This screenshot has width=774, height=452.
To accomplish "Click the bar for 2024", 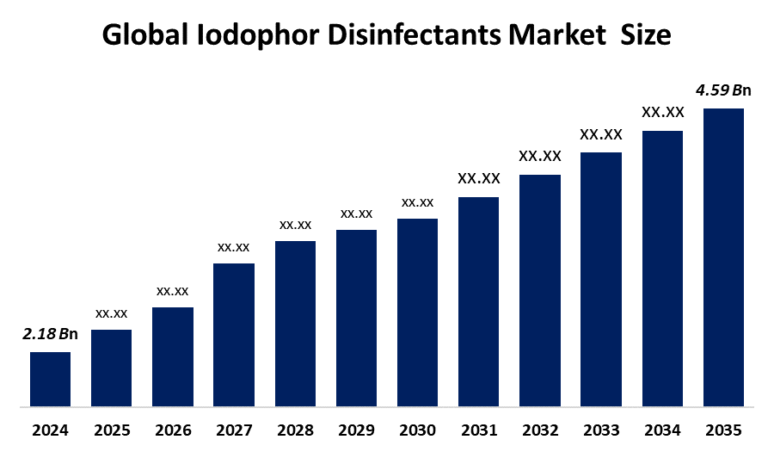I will (x=50, y=379).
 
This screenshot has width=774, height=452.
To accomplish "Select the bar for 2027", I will (x=234, y=334).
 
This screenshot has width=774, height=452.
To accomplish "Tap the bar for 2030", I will (x=417, y=312).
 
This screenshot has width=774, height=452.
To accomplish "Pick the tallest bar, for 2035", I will (x=723, y=257).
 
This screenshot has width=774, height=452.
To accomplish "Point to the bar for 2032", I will (x=540, y=290).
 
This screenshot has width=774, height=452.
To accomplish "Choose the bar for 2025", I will (x=111, y=368).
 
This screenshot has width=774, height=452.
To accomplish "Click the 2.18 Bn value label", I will (x=50, y=334).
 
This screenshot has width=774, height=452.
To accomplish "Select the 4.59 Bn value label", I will (x=723, y=90).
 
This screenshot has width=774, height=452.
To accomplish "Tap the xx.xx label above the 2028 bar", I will (x=295, y=225).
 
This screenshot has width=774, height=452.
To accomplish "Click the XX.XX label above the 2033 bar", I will (x=601, y=134).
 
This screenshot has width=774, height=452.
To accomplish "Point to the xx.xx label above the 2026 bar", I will (x=172, y=291).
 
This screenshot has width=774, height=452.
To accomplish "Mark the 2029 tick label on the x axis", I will (x=356, y=429).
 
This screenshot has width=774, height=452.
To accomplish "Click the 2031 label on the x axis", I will (x=478, y=429).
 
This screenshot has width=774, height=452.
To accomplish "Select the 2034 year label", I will (x=662, y=429).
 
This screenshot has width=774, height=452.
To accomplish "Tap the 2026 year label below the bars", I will (x=172, y=429).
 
